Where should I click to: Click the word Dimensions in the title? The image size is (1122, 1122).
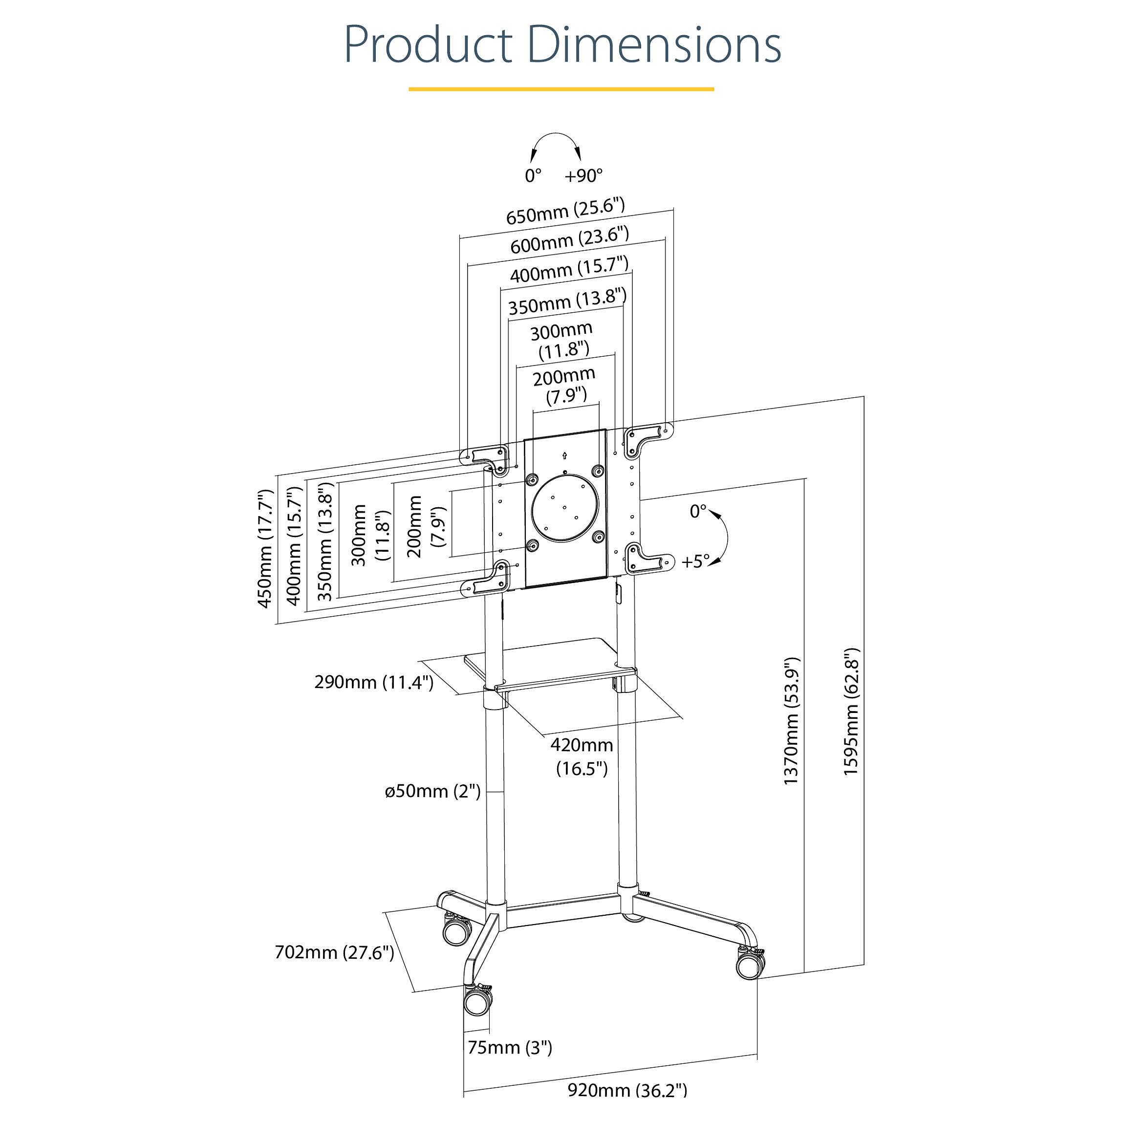[655, 45]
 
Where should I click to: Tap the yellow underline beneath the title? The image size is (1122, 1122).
[561, 89]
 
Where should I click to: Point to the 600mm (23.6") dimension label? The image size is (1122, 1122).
[570, 239]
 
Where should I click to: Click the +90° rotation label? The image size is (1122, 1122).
[583, 175]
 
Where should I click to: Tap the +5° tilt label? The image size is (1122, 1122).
[696, 561]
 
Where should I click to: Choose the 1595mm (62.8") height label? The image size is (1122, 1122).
[851, 712]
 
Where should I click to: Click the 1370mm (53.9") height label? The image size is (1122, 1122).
[792, 721]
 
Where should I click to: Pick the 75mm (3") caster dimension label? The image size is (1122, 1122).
[510, 1047]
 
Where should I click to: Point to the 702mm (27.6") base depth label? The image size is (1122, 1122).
[335, 952]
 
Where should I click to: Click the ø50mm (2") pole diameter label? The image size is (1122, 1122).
[432, 791]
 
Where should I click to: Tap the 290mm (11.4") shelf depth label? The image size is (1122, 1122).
[374, 682]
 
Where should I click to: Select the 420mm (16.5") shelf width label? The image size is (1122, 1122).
[582, 756]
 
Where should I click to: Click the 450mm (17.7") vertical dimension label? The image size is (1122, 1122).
[265, 548]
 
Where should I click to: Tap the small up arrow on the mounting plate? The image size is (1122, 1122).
[565, 456]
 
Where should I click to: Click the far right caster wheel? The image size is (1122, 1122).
[750, 966]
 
